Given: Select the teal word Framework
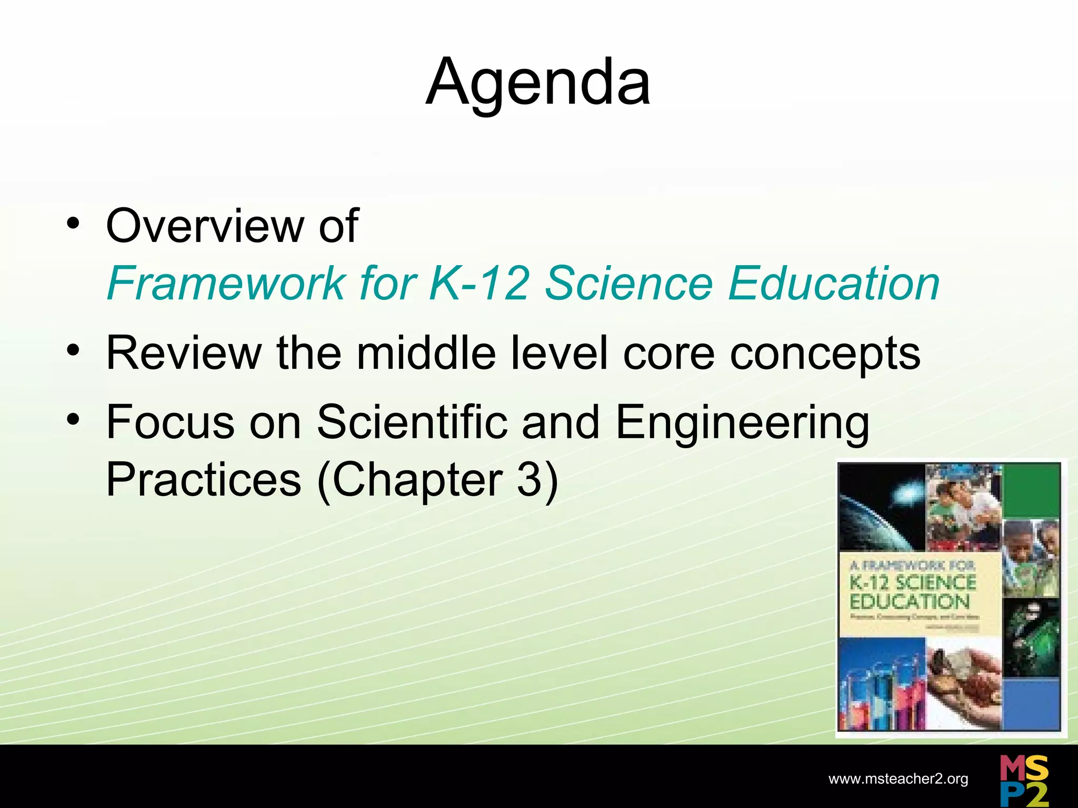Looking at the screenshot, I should (226, 284).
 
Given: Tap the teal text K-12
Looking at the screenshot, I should (478, 284).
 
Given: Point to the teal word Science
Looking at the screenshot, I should (628, 284).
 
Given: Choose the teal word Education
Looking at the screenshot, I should (834, 284).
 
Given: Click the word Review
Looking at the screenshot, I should (184, 353).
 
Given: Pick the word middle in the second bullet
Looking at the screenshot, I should (426, 353).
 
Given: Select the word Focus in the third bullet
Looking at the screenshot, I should (170, 422).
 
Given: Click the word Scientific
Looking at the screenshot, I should (412, 422).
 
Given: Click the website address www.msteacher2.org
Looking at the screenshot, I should (898, 779).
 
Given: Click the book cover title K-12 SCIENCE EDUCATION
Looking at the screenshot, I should (913, 592).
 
